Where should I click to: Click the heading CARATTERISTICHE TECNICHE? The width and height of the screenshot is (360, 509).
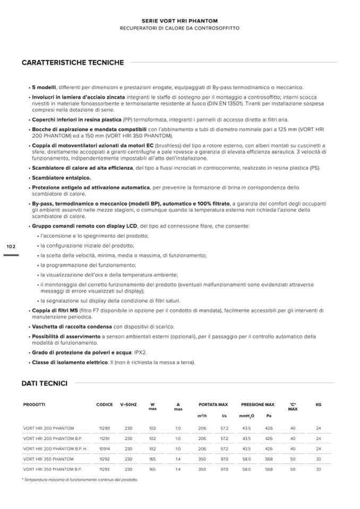point(73,63)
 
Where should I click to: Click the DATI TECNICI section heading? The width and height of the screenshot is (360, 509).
point(44,383)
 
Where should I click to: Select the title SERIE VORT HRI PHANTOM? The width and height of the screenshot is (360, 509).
point(180,21)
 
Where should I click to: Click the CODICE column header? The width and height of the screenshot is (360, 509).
point(105,404)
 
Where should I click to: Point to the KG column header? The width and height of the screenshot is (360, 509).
point(319,404)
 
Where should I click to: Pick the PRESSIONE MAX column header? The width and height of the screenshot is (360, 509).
point(258,404)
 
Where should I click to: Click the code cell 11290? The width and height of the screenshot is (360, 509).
point(104,428)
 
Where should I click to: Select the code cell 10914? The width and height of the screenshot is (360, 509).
point(104,449)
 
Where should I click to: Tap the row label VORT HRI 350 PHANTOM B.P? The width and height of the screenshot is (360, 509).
point(52,470)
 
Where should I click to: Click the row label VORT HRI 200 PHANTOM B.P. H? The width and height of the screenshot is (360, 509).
point(55,449)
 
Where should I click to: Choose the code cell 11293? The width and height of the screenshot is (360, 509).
point(104,470)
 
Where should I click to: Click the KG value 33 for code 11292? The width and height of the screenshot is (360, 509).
point(319,459)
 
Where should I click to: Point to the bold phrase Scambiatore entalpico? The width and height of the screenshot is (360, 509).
point(61,178)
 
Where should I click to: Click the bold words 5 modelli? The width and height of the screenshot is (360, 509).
point(44,87)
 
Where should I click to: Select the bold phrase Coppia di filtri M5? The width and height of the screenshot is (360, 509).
point(55,310)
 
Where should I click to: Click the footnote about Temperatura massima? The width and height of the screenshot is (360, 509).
point(80,480)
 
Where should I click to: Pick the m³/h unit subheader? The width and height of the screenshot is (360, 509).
point(202,416)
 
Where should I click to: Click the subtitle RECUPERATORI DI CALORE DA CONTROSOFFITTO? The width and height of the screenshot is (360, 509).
point(180,28)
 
